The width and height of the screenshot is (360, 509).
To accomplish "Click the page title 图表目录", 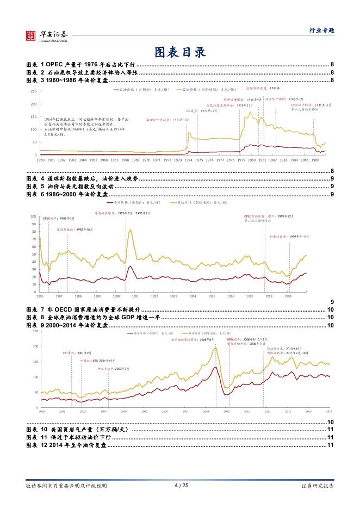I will pos(179,53).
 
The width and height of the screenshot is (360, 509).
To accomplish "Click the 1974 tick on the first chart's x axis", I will pos(189,160).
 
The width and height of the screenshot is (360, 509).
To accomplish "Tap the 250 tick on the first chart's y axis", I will pos(33,91).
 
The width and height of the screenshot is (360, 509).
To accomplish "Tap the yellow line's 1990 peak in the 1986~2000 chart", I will pos(131,229).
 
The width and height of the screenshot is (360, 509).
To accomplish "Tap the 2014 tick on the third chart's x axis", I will pos(328,412).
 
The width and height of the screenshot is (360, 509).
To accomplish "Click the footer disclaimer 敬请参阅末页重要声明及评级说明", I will pos(66,485).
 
